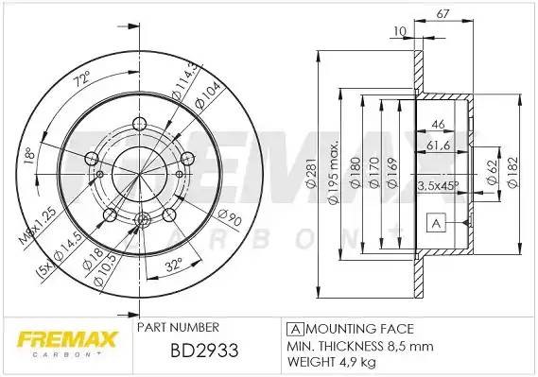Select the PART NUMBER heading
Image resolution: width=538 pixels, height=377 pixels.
[x=178, y=327]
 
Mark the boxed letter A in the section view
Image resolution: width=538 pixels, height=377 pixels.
[x=436, y=224]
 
